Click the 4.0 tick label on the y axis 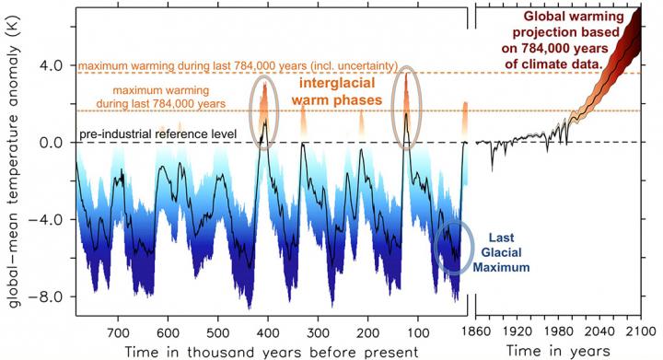51,66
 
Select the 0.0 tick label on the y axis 51,143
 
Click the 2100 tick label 644,330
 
